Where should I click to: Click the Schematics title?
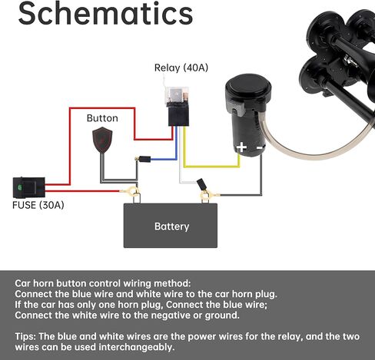tap(105, 13)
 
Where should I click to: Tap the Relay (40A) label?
tap(181, 68)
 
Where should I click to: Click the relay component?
tap(178, 106)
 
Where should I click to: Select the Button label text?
tap(102, 118)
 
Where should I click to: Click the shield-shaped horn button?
tap(102, 140)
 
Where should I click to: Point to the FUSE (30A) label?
tap(38, 205)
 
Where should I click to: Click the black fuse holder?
tap(29, 187)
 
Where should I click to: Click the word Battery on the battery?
tap(172, 226)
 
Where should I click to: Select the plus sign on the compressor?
tap(241, 147)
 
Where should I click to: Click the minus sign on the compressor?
tap(260, 147)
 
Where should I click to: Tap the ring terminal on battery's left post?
tap(133, 191)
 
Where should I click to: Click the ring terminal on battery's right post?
tap(206, 196)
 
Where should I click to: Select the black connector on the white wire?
tap(201, 184)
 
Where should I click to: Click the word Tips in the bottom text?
tap(25, 337)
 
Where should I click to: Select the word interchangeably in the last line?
tap(137, 347)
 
